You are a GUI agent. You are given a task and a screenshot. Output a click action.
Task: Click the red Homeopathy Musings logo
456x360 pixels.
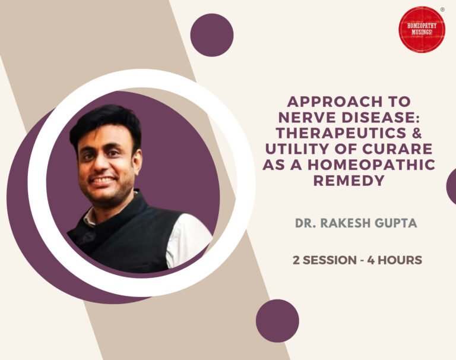(x=422, y=30)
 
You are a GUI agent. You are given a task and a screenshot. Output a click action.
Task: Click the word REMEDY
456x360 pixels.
(x=349, y=181)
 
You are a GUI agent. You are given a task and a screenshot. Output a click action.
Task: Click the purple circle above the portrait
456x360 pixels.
(x=211, y=35)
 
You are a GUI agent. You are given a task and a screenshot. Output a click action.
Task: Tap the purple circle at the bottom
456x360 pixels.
(x=277, y=321)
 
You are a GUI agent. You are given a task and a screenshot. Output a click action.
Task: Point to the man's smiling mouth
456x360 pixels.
(x=104, y=180)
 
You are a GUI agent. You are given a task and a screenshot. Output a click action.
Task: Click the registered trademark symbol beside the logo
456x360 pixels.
(x=442, y=10)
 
